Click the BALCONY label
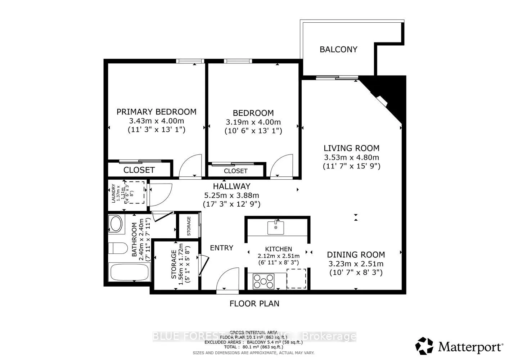click(x=338, y=49)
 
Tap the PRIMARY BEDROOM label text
click(x=156, y=112)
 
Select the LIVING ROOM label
click(x=351, y=148)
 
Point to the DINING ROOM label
click(x=356, y=255)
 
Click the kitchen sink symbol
click(x=276, y=228)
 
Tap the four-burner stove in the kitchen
click(x=263, y=281)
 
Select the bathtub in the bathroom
click(x=129, y=273)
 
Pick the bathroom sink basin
click(x=116, y=224)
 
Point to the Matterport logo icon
click(x=424, y=346)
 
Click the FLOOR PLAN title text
click(x=254, y=303)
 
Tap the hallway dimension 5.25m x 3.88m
click(x=231, y=195)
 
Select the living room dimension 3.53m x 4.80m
click(x=351, y=157)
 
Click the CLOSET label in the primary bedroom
click(x=139, y=170)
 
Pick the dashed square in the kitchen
click(x=296, y=278)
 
